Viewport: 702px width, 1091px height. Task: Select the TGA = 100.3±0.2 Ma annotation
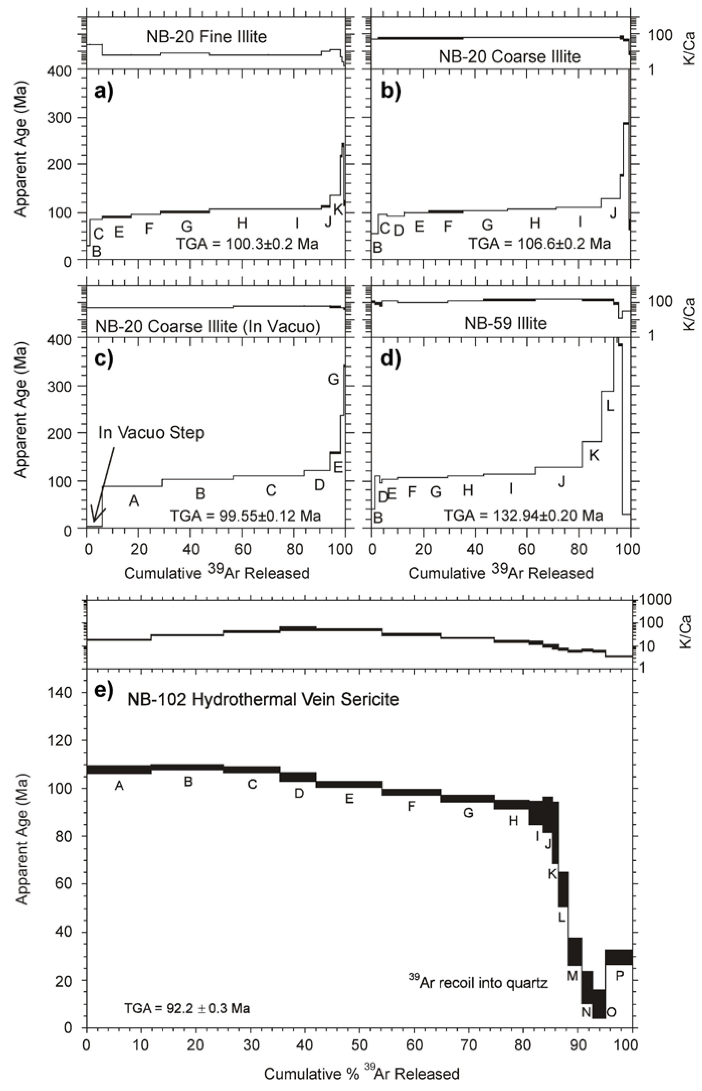pyautogui.click(x=247, y=244)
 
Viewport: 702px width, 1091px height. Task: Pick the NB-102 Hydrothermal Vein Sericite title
pyautogui.click(x=263, y=699)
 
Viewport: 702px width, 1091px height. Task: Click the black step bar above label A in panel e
pyautogui.click(x=119, y=769)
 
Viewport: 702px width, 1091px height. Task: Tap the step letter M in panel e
pyautogui.click(x=572, y=976)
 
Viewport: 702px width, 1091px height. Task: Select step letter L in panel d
pyautogui.click(x=609, y=405)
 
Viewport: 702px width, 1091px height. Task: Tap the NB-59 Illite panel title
pyautogui.click(x=505, y=323)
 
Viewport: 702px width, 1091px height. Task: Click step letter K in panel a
pyautogui.click(x=338, y=209)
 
